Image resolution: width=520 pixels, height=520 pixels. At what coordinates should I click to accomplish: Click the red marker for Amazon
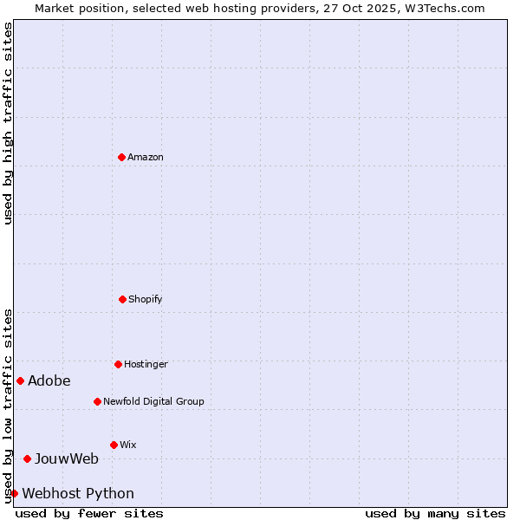point(121,157)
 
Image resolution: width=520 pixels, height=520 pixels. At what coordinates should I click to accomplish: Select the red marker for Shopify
point(122,299)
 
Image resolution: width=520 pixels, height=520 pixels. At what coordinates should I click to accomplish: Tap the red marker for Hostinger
point(118,364)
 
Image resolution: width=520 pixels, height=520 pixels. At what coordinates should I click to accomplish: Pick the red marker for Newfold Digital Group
point(97,401)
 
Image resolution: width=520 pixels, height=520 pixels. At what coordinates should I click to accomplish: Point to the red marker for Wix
point(114,445)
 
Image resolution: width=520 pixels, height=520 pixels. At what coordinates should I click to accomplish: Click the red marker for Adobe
point(20,380)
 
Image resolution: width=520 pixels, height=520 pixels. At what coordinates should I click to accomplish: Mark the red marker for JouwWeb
point(27,458)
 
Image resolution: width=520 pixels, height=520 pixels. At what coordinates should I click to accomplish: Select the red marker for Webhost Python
point(14,493)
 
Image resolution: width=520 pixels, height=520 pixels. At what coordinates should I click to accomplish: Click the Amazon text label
point(146,157)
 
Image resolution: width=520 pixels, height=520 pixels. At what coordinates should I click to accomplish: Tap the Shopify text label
point(146,299)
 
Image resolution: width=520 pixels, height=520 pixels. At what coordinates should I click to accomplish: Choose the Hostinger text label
point(146,364)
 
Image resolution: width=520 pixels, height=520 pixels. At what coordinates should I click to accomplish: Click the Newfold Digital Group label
point(153,401)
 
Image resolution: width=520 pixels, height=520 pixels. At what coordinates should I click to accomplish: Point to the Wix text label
point(128,445)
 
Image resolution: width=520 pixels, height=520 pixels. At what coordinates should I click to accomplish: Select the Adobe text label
point(49,380)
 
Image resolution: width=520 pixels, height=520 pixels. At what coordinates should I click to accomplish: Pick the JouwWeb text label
point(67,458)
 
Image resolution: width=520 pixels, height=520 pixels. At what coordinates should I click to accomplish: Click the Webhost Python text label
point(78,493)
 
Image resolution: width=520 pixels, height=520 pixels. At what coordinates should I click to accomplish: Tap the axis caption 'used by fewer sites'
point(89,513)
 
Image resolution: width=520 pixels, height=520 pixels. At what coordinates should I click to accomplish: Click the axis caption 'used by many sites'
point(435,513)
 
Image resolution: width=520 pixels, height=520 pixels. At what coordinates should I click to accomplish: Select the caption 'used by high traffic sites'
point(8,123)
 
